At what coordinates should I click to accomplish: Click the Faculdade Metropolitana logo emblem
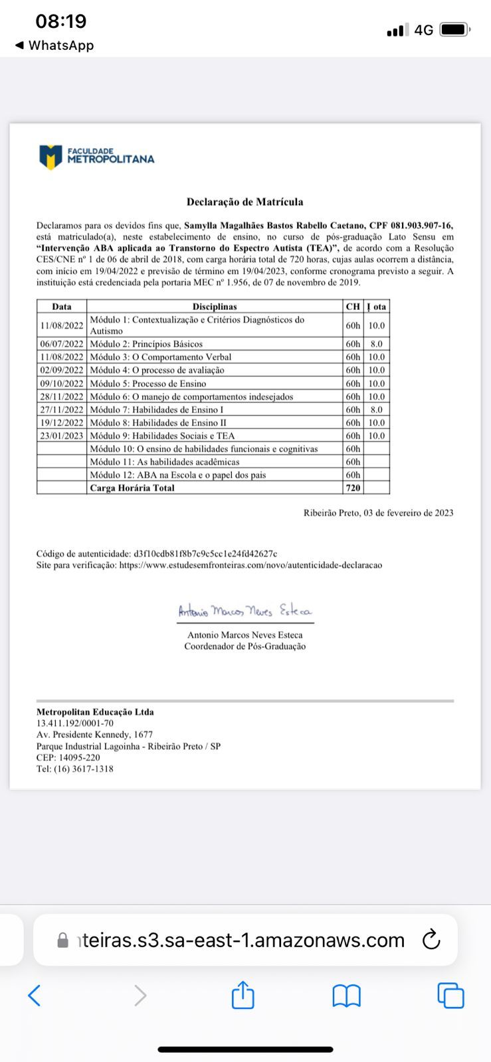[x=50, y=157]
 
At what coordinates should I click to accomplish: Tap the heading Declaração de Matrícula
[x=245, y=202]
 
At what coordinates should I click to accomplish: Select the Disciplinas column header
[x=215, y=307]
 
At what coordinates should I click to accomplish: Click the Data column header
[x=62, y=307]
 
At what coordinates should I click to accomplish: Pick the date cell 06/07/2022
[x=62, y=344]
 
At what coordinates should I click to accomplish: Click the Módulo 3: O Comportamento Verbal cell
[x=161, y=357]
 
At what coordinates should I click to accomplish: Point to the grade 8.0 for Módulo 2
[x=376, y=344]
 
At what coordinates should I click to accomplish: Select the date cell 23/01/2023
[x=62, y=436]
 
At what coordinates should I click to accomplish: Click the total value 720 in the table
[x=353, y=488]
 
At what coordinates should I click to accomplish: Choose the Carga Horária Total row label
[x=132, y=488]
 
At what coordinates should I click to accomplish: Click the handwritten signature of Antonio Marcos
[x=245, y=611]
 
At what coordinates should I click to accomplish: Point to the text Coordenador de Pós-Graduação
[x=245, y=646]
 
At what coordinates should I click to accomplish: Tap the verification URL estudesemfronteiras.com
[x=250, y=566]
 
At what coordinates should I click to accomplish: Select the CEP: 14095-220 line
[x=68, y=758]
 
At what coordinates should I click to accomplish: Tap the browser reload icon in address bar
[x=431, y=940]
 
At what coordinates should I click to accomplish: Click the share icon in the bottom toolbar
[x=243, y=995]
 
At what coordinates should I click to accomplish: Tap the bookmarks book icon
[x=346, y=996]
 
